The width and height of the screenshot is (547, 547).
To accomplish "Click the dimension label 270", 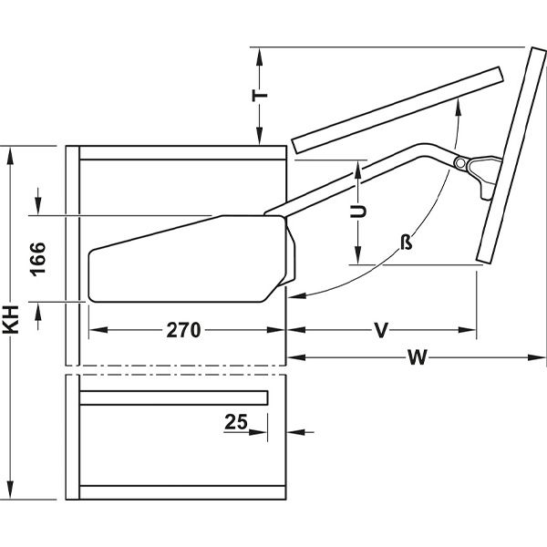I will point(182,331).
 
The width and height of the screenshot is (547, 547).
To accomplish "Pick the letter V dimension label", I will point(381,330).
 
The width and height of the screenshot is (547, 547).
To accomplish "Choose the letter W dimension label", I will point(418,357).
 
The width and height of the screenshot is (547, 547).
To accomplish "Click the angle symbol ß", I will point(407,243).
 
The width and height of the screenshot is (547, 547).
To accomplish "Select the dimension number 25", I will point(238,422).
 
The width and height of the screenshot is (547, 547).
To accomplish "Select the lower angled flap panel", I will point(511,155).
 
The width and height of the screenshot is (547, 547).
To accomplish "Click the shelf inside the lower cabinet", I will point(173,397).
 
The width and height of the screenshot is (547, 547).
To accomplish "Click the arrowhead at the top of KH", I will point(12,156).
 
